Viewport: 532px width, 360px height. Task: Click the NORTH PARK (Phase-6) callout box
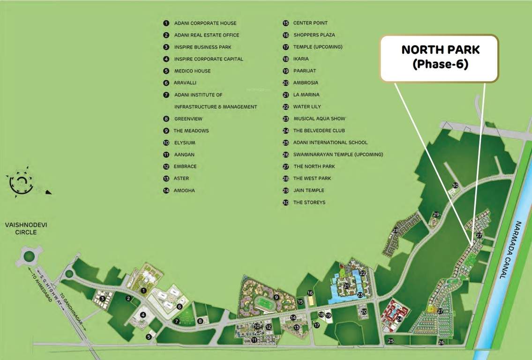[x=439, y=58]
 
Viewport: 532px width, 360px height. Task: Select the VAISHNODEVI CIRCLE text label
[x=26, y=228]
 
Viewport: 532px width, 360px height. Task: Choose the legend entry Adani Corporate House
[x=205, y=23]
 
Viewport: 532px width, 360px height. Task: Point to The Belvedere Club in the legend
[x=320, y=131]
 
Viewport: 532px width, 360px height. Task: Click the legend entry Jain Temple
[x=308, y=190]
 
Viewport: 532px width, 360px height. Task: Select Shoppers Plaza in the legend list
[x=314, y=35]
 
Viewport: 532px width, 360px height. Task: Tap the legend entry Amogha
[x=184, y=191]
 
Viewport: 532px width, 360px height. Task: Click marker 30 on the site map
[x=455, y=186]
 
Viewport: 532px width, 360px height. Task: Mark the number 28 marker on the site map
[x=396, y=230]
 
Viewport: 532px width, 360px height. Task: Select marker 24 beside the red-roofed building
[x=399, y=319]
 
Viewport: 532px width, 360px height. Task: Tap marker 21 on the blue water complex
[x=346, y=286]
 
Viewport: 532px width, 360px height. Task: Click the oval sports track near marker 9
[x=261, y=300]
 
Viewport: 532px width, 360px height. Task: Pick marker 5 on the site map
[x=149, y=336]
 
